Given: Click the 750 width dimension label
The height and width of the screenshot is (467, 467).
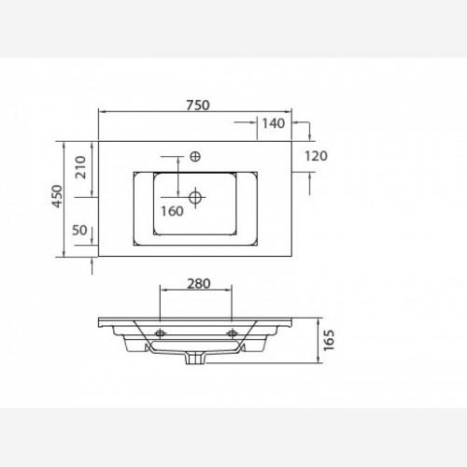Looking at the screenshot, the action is point(198,106).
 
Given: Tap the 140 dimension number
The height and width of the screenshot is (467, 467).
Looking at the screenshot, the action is point(273,123).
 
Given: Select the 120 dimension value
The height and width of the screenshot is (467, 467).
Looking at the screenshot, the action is point(316,156).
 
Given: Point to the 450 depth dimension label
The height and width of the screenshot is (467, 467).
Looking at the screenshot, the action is point(58,196).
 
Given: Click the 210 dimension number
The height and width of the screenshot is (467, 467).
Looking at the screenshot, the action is point(81,167).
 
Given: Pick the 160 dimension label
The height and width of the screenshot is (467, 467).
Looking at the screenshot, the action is point(172,211).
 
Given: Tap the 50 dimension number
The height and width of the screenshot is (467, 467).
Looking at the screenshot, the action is point(79,231).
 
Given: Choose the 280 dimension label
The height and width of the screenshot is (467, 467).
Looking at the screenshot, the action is point(199,284).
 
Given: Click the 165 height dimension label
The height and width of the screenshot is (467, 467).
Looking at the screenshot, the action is point(329,340).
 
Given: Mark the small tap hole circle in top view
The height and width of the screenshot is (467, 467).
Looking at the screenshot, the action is point(195,157).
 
